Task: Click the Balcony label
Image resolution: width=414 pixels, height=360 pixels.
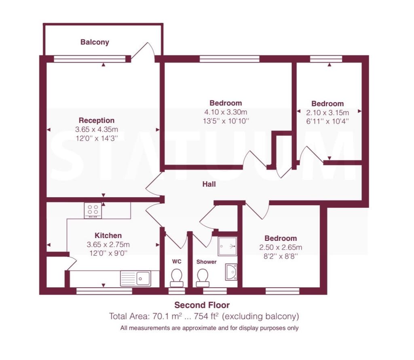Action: tap(95, 42)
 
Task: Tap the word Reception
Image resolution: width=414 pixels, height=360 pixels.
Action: tap(97, 120)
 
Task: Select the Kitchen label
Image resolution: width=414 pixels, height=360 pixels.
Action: tap(108, 236)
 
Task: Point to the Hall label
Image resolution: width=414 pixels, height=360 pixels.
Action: tap(209, 184)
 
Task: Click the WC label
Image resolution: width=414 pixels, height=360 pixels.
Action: tap(177, 262)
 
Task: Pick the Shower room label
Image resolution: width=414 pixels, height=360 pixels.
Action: tap(206, 262)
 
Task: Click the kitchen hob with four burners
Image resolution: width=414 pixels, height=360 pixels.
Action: tap(93, 210)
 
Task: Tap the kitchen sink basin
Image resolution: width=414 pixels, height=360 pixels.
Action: tap(142, 278)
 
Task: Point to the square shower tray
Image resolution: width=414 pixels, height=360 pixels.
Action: tap(227, 246)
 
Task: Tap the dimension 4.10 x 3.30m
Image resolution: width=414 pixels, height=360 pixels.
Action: tap(226, 112)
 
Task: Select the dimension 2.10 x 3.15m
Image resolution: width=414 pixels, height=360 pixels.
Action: tap(327, 112)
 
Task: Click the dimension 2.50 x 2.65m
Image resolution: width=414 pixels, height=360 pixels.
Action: tap(281, 247)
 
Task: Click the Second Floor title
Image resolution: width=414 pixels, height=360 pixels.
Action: tap(202, 305)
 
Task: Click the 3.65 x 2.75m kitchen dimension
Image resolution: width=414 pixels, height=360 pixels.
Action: tap(108, 244)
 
